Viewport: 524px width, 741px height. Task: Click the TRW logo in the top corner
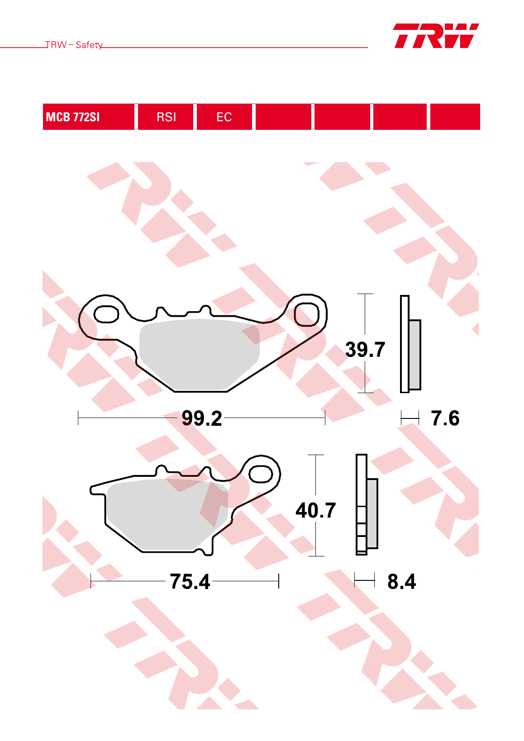(436, 36)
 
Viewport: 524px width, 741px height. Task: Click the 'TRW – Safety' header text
(74, 45)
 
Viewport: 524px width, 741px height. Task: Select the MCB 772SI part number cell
(88, 117)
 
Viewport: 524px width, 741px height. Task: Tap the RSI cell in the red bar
(166, 117)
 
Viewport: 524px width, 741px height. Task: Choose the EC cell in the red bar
(224, 117)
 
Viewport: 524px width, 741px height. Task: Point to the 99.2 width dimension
(202, 418)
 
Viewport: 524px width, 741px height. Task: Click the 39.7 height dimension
(365, 350)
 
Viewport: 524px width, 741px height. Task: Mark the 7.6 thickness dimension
(445, 418)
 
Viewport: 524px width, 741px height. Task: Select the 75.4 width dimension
(190, 582)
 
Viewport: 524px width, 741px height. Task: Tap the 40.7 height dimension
(315, 510)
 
